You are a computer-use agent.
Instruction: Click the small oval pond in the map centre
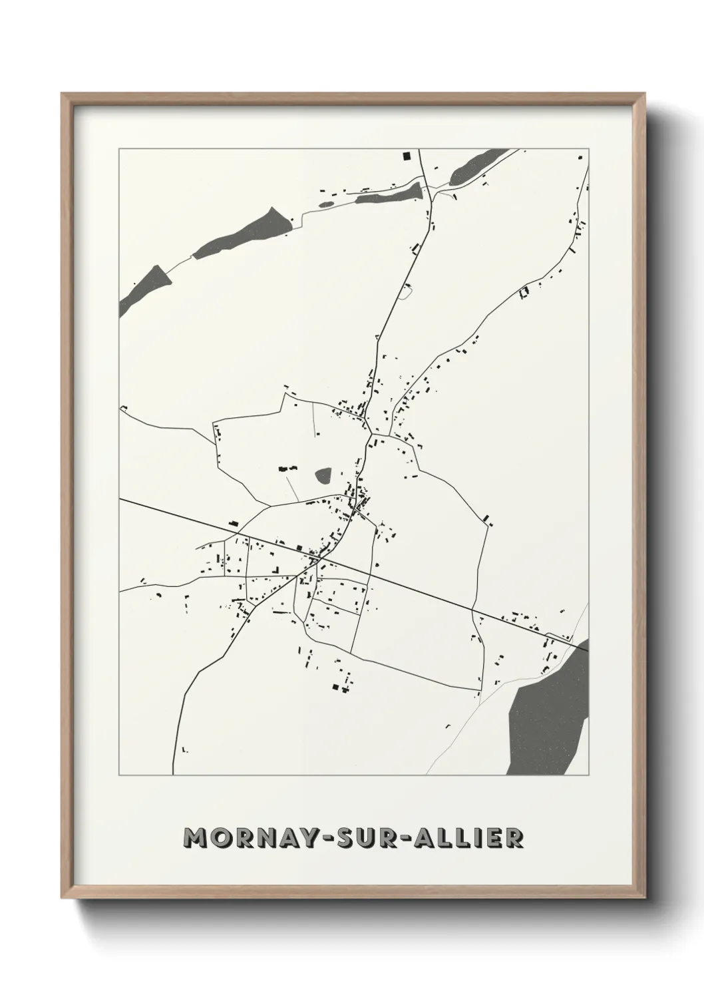[x=324, y=475]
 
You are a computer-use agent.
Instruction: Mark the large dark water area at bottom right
[x=549, y=712]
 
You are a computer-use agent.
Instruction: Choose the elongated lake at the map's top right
[x=477, y=166]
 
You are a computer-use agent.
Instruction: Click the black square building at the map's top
[x=406, y=157]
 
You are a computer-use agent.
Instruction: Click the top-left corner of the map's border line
[x=119, y=149]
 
